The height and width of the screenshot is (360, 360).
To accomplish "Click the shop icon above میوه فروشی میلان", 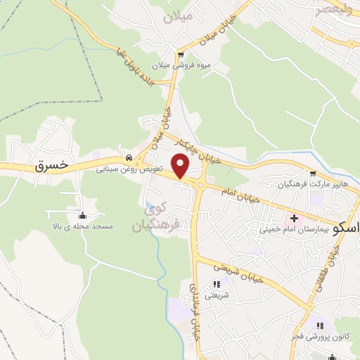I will [x=181, y=55].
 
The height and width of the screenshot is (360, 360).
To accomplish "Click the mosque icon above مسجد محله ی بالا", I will [x=83, y=216].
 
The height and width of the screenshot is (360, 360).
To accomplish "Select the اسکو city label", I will [x=346, y=229].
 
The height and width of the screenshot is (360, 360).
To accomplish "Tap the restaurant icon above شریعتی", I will [x=216, y=285].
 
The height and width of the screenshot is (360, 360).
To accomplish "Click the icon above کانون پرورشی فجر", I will [x=320, y=326].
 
